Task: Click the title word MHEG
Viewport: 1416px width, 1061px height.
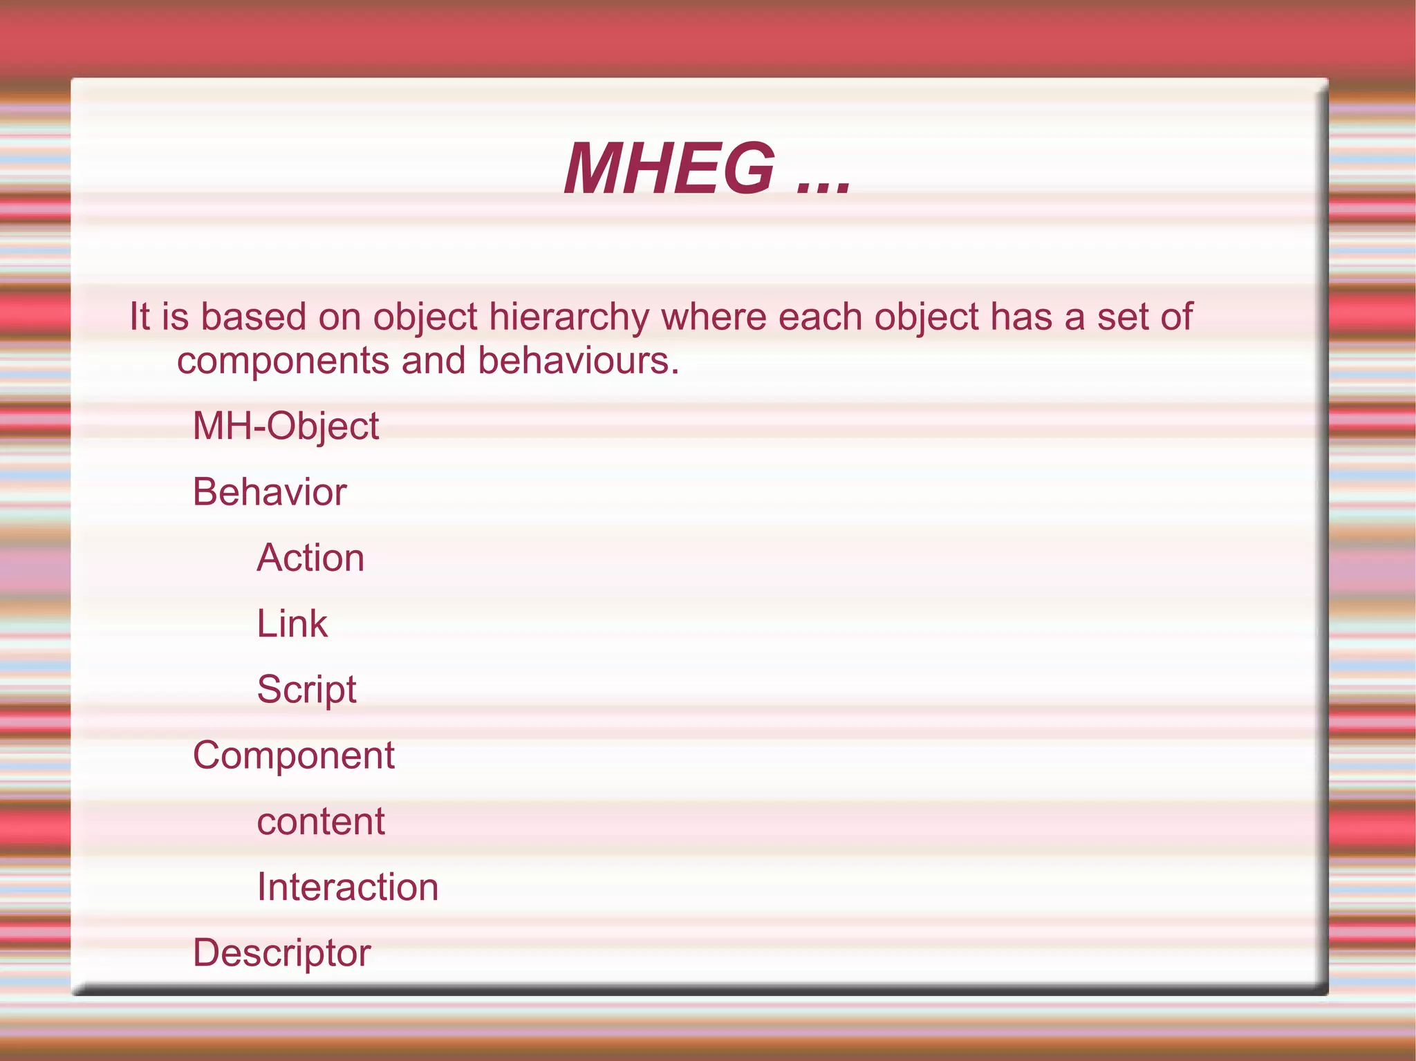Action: point(669,169)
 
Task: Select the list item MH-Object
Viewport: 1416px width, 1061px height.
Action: point(286,426)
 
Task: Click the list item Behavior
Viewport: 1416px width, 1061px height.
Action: point(270,492)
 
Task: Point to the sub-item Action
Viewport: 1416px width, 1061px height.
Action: point(310,558)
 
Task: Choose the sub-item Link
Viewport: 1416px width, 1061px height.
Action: point(292,623)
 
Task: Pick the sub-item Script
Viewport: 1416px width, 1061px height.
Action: point(306,689)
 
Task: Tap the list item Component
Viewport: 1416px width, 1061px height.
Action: point(294,755)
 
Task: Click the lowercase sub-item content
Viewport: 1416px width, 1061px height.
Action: point(321,821)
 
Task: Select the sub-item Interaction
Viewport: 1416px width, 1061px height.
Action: point(348,887)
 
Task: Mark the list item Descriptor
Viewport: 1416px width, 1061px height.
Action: point(281,952)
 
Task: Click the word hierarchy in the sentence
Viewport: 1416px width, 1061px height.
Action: point(569,318)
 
